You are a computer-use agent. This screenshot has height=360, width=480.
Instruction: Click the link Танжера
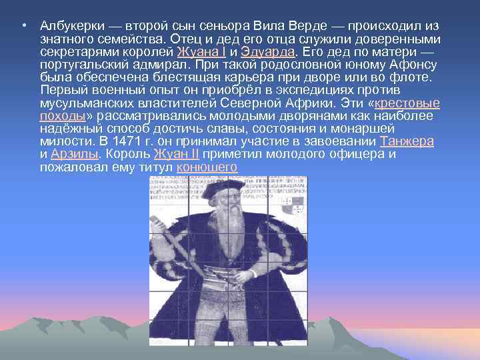click(407, 142)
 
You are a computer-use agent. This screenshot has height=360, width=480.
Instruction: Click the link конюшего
click(207, 166)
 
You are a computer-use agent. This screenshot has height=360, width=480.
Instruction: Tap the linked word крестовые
click(408, 104)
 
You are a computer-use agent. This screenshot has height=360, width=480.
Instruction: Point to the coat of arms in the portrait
click(293, 203)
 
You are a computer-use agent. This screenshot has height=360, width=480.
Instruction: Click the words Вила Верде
click(283, 26)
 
